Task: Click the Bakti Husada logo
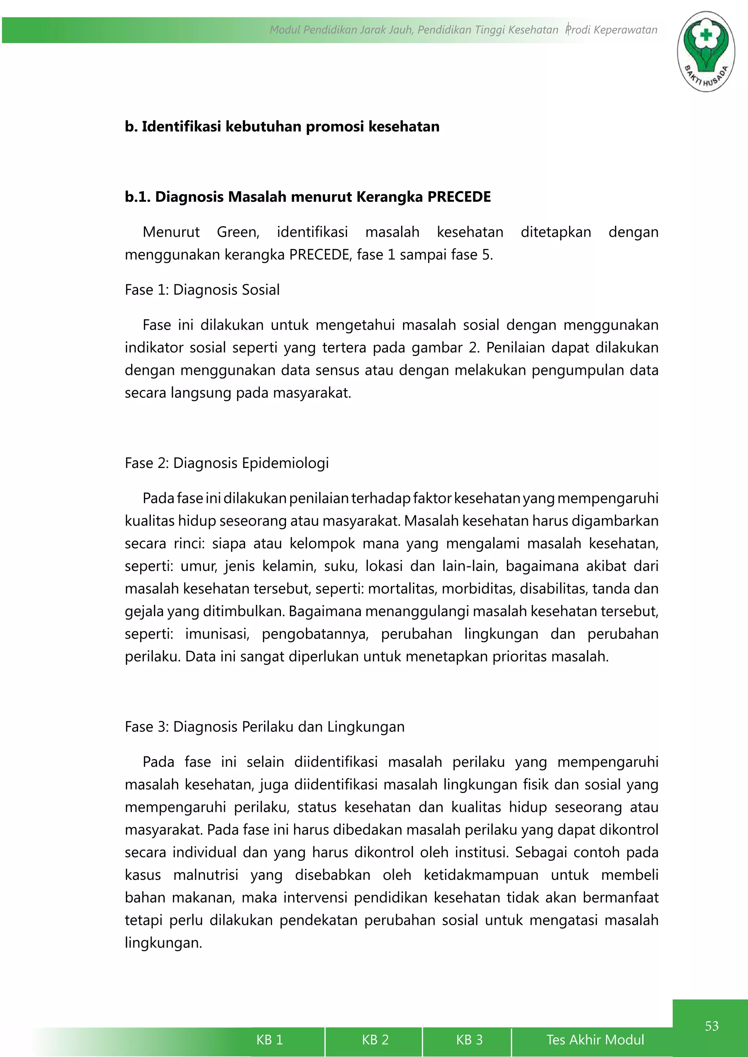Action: [706, 51]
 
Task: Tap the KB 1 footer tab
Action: [270, 1039]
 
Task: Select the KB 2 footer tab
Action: [375, 1039]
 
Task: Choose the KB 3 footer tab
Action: [469, 1039]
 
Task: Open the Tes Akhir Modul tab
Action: [595, 1039]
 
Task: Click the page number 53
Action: [711, 1026]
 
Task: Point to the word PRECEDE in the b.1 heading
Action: [459, 197]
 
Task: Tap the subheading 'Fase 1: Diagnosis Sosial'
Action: [202, 290]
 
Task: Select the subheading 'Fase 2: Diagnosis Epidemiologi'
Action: [226, 463]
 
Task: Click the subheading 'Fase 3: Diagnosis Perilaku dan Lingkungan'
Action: [264, 727]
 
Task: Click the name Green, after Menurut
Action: [238, 232]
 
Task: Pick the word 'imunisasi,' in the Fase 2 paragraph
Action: [217, 634]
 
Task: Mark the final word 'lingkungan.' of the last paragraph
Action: [164, 943]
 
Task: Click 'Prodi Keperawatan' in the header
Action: [612, 30]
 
